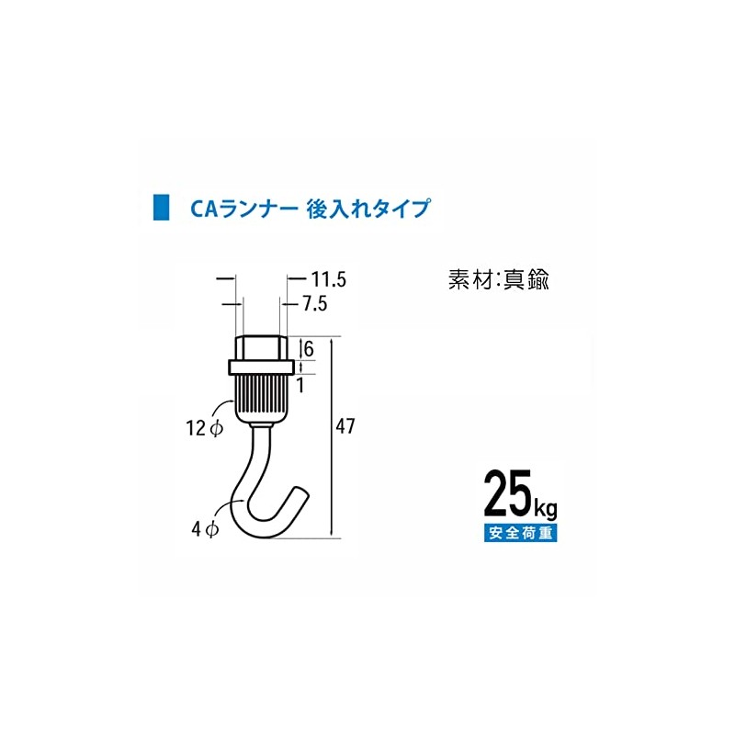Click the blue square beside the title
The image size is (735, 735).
(x=160, y=208)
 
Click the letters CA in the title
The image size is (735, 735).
(x=203, y=209)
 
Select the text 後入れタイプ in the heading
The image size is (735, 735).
(x=367, y=209)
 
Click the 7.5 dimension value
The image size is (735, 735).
(x=312, y=303)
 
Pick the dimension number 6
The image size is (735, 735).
(x=310, y=348)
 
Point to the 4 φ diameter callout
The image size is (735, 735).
(x=203, y=528)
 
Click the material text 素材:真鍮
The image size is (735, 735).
(x=498, y=280)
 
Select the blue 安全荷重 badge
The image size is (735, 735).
(x=520, y=533)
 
